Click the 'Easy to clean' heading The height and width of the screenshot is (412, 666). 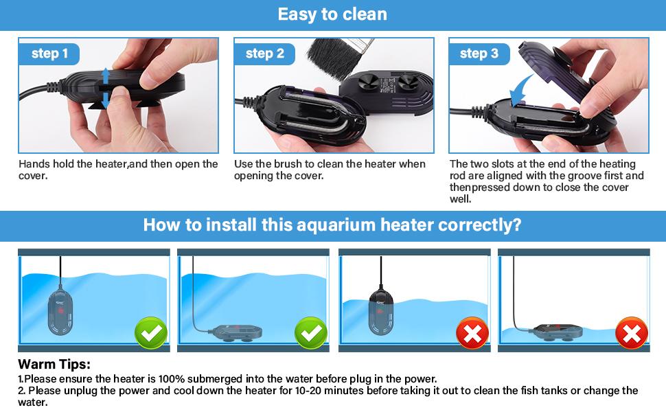pos(332,14)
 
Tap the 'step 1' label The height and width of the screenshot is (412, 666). pos(49,54)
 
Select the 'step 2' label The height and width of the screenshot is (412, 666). pos(264,54)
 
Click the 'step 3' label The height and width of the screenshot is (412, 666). pos(479,54)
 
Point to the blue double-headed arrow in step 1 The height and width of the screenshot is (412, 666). pos(105,89)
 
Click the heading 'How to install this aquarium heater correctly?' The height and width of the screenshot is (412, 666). pos(332,225)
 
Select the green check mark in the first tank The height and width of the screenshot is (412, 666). pos(151,334)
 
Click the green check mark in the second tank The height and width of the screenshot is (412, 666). pos(311,334)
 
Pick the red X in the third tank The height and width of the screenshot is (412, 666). pos(472,334)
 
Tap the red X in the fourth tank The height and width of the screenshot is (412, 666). pos(632,334)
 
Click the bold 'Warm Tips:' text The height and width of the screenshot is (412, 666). pos(54,365)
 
